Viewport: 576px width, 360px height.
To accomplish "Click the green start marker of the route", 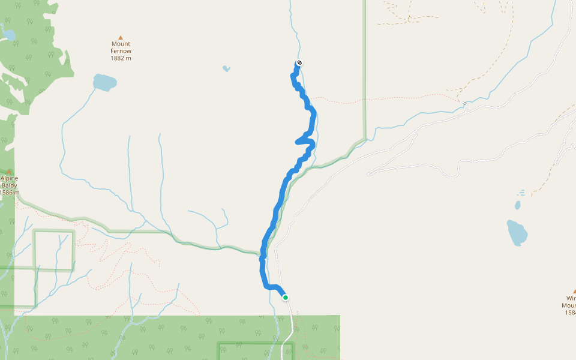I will click(x=286, y=298).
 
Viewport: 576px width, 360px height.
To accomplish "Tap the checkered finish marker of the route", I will click(x=299, y=63).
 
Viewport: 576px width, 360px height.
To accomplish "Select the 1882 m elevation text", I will click(x=121, y=58).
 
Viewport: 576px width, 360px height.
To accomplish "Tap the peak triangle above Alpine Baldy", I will click(x=9, y=172).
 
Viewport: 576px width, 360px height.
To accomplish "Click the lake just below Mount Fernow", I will click(x=104, y=82).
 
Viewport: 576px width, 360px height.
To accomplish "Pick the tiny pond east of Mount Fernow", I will click(x=226, y=68).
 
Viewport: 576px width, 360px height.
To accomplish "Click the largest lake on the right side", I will click(x=517, y=233).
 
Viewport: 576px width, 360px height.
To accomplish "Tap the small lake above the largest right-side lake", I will click(x=517, y=205).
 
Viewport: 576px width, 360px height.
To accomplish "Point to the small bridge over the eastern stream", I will click(x=464, y=103).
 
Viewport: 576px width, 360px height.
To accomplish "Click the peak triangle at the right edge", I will click(x=574, y=291).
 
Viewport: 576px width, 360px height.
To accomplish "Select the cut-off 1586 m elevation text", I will click(x=9, y=193).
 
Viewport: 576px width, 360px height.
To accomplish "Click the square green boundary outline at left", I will click(x=54, y=230).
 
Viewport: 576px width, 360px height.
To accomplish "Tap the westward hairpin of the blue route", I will click(x=298, y=142).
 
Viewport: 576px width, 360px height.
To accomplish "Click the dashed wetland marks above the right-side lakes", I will click(x=520, y=193).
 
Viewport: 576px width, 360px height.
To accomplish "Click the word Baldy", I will click(x=9, y=185).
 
